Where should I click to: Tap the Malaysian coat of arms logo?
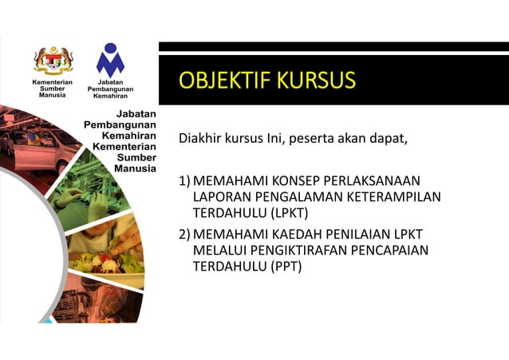(x=53, y=60)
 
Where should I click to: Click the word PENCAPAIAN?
(x=389, y=251)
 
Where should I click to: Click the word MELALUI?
(x=219, y=251)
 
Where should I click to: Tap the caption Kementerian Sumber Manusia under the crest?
(x=52, y=88)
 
